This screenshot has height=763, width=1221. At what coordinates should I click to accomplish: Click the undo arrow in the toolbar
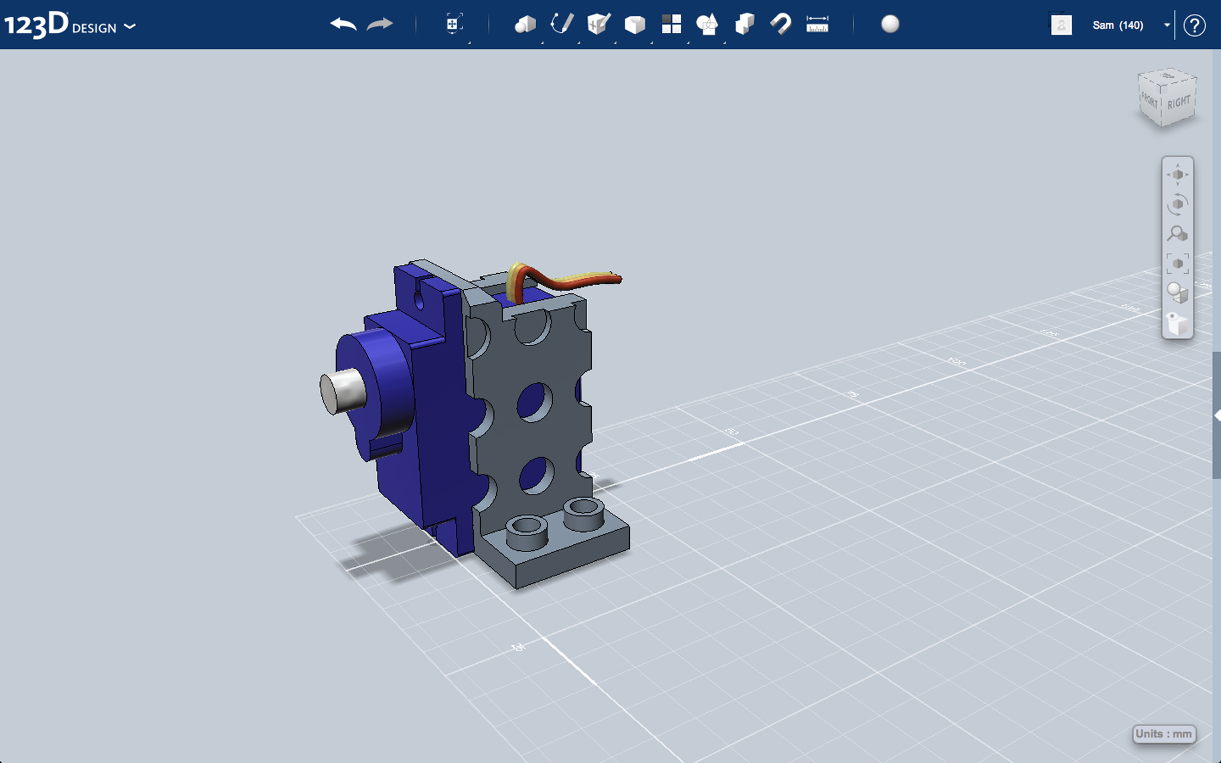[x=343, y=25]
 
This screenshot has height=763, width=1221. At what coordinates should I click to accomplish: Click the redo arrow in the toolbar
[x=380, y=25]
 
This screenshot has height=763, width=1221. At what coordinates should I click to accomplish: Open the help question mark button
[x=1194, y=25]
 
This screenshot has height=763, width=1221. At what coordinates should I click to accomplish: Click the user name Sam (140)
[x=1117, y=25]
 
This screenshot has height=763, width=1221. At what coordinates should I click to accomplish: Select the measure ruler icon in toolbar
[x=817, y=25]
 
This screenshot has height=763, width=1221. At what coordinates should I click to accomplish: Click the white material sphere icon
[x=890, y=24]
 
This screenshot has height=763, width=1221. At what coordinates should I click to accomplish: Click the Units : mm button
[x=1163, y=734]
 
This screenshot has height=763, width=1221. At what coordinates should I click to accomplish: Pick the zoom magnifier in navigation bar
[x=1177, y=234]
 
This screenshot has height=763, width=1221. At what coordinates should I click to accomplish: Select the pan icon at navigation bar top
[x=1177, y=175]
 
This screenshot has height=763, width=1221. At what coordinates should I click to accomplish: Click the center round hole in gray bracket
[x=534, y=402]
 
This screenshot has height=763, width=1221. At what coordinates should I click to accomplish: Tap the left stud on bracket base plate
[x=527, y=529]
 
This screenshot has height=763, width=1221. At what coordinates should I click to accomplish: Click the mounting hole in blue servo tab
[x=419, y=300]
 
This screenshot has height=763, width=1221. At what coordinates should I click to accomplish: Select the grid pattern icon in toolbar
[x=671, y=25]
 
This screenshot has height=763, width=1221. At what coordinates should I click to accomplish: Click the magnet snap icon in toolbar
[x=781, y=25]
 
